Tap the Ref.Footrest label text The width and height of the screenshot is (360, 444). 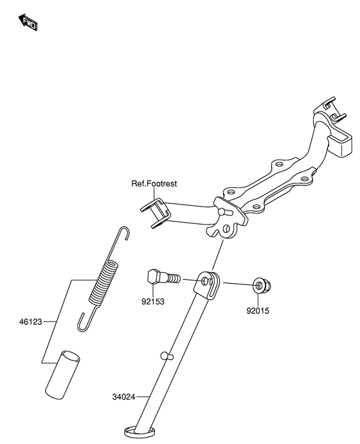[154, 184]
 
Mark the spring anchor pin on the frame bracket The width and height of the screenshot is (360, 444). [222, 210]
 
